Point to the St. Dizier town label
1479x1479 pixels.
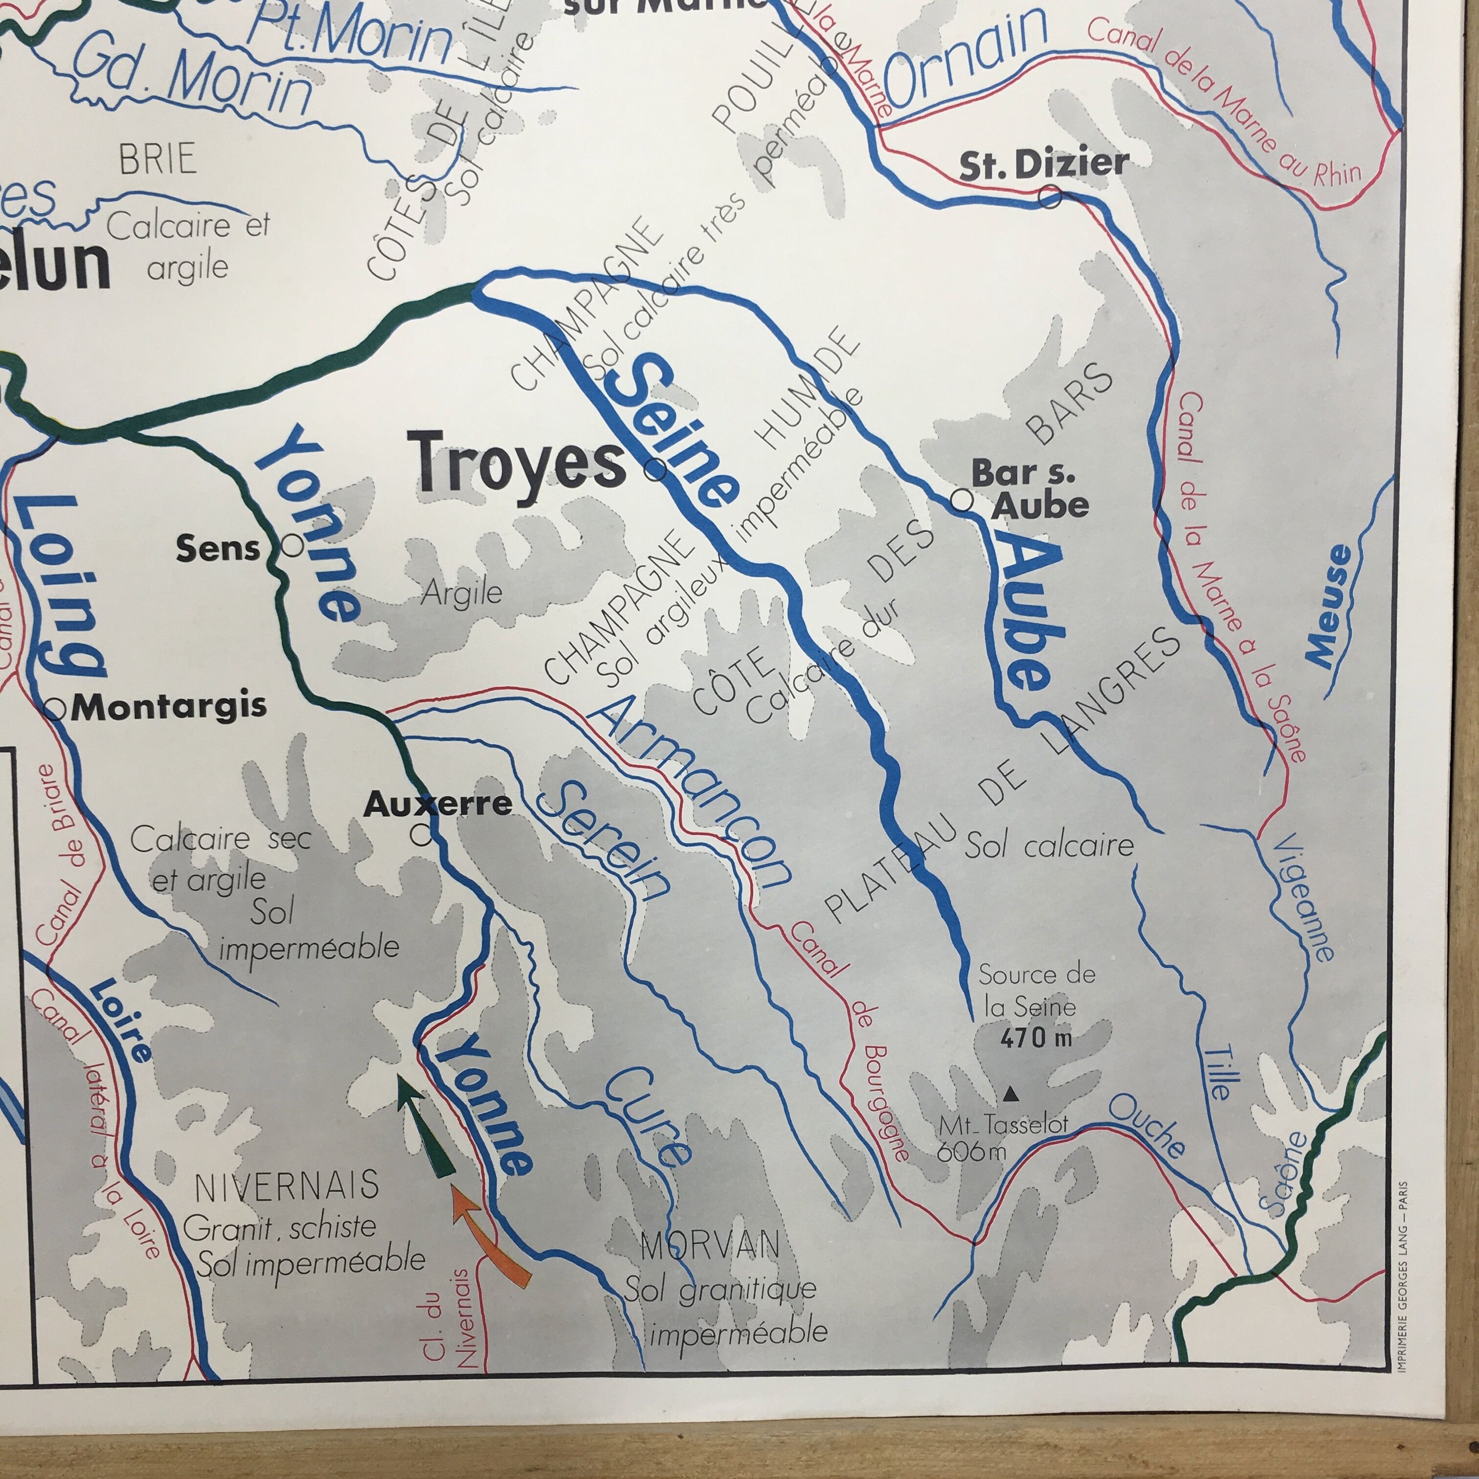(1043, 165)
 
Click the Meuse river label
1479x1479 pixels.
(1331, 605)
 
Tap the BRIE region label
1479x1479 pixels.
(157, 159)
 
